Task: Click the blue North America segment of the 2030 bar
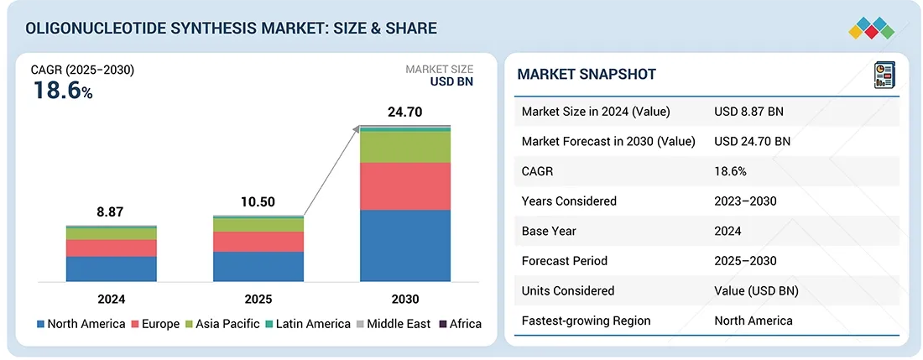coord(405,246)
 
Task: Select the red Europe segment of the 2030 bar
coord(405,185)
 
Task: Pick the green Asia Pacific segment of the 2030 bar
coord(405,147)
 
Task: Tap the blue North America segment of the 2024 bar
coord(112,269)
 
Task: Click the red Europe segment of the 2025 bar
coord(258,242)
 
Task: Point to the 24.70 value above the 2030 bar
coord(404,111)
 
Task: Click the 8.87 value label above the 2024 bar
coord(110,212)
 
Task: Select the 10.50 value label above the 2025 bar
coord(258,202)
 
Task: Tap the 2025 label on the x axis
coord(258,299)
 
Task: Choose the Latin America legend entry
coord(310,324)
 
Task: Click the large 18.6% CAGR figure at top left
coord(63,91)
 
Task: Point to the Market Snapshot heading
coord(587,75)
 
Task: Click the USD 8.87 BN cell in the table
coord(748,112)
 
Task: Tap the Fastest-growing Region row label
coord(586,321)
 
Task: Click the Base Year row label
coord(549,231)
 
